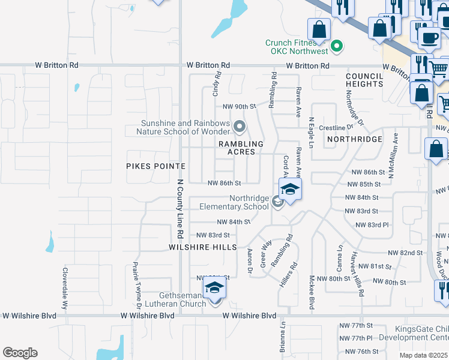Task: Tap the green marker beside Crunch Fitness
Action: click(x=337, y=46)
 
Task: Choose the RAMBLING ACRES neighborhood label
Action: click(x=241, y=148)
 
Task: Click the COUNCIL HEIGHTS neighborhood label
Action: click(x=364, y=80)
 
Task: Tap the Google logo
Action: click(x=20, y=353)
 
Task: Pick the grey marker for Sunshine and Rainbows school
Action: click(x=240, y=127)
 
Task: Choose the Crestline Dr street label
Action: click(x=336, y=128)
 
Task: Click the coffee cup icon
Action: click(x=429, y=38)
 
